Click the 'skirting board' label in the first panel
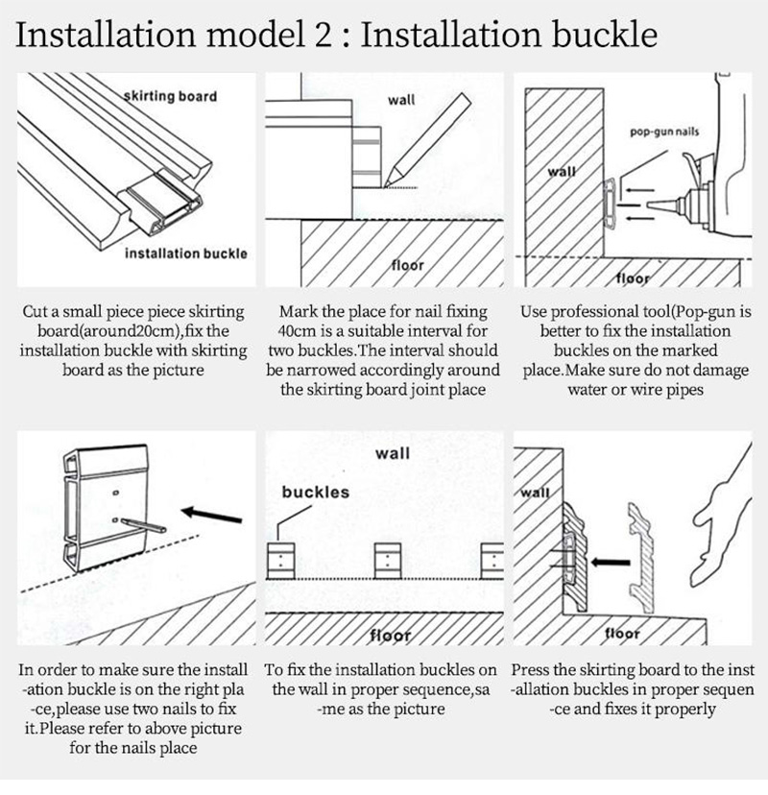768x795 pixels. pyautogui.click(x=170, y=96)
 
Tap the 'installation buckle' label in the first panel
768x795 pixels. pyautogui.click(x=186, y=253)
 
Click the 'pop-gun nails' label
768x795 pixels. pyautogui.click(x=664, y=132)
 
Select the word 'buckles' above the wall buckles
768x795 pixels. pyautogui.click(x=315, y=492)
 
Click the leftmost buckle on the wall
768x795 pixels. pyautogui.click(x=281, y=561)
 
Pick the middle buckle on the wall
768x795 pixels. pyautogui.click(x=388, y=561)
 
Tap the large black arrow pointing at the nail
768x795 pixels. pyautogui.click(x=211, y=516)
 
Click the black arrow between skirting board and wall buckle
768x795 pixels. pyautogui.click(x=611, y=563)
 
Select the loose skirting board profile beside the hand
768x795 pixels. pyautogui.click(x=641, y=558)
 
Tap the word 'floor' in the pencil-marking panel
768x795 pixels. pyautogui.click(x=407, y=265)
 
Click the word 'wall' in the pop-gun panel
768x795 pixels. pyautogui.click(x=562, y=171)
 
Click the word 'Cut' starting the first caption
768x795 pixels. pyautogui.click(x=34, y=311)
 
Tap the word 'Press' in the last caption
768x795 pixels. pyautogui.click(x=530, y=670)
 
